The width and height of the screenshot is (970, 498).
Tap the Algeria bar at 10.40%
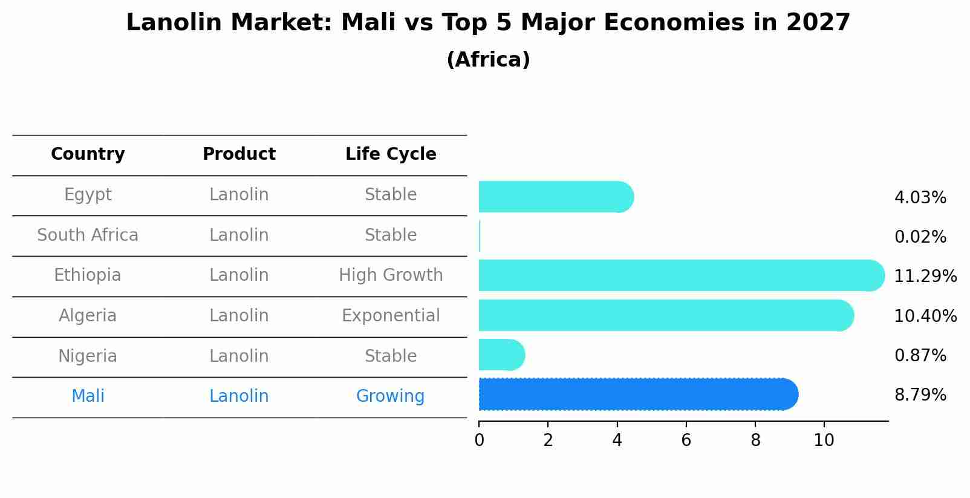(x=665, y=315)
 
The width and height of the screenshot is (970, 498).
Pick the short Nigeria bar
(x=501, y=355)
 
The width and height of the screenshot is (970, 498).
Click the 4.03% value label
(x=920, y=198)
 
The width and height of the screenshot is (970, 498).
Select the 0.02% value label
(x=920, y=237)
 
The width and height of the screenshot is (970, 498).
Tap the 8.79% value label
(x=920, y=395)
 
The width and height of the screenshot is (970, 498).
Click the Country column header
(x=88, y=154)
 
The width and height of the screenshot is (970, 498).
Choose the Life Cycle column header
(x=391, y=154)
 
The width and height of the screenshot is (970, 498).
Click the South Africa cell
(x=88, y=235)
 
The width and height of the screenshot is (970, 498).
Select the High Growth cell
(x=391, y=275)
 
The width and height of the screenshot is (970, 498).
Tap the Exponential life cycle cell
(x=391, y=316)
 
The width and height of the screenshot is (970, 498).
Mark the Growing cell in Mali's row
(x=390, y=396)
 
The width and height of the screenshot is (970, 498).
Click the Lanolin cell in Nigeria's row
(x=239, y=356)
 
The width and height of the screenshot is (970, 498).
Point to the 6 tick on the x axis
(x=686, y=440)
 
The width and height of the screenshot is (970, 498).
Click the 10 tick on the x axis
(x=824, y=440)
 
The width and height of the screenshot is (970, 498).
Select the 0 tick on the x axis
(x=479, y=440)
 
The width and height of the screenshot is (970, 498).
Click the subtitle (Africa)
(x=488, y=60)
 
